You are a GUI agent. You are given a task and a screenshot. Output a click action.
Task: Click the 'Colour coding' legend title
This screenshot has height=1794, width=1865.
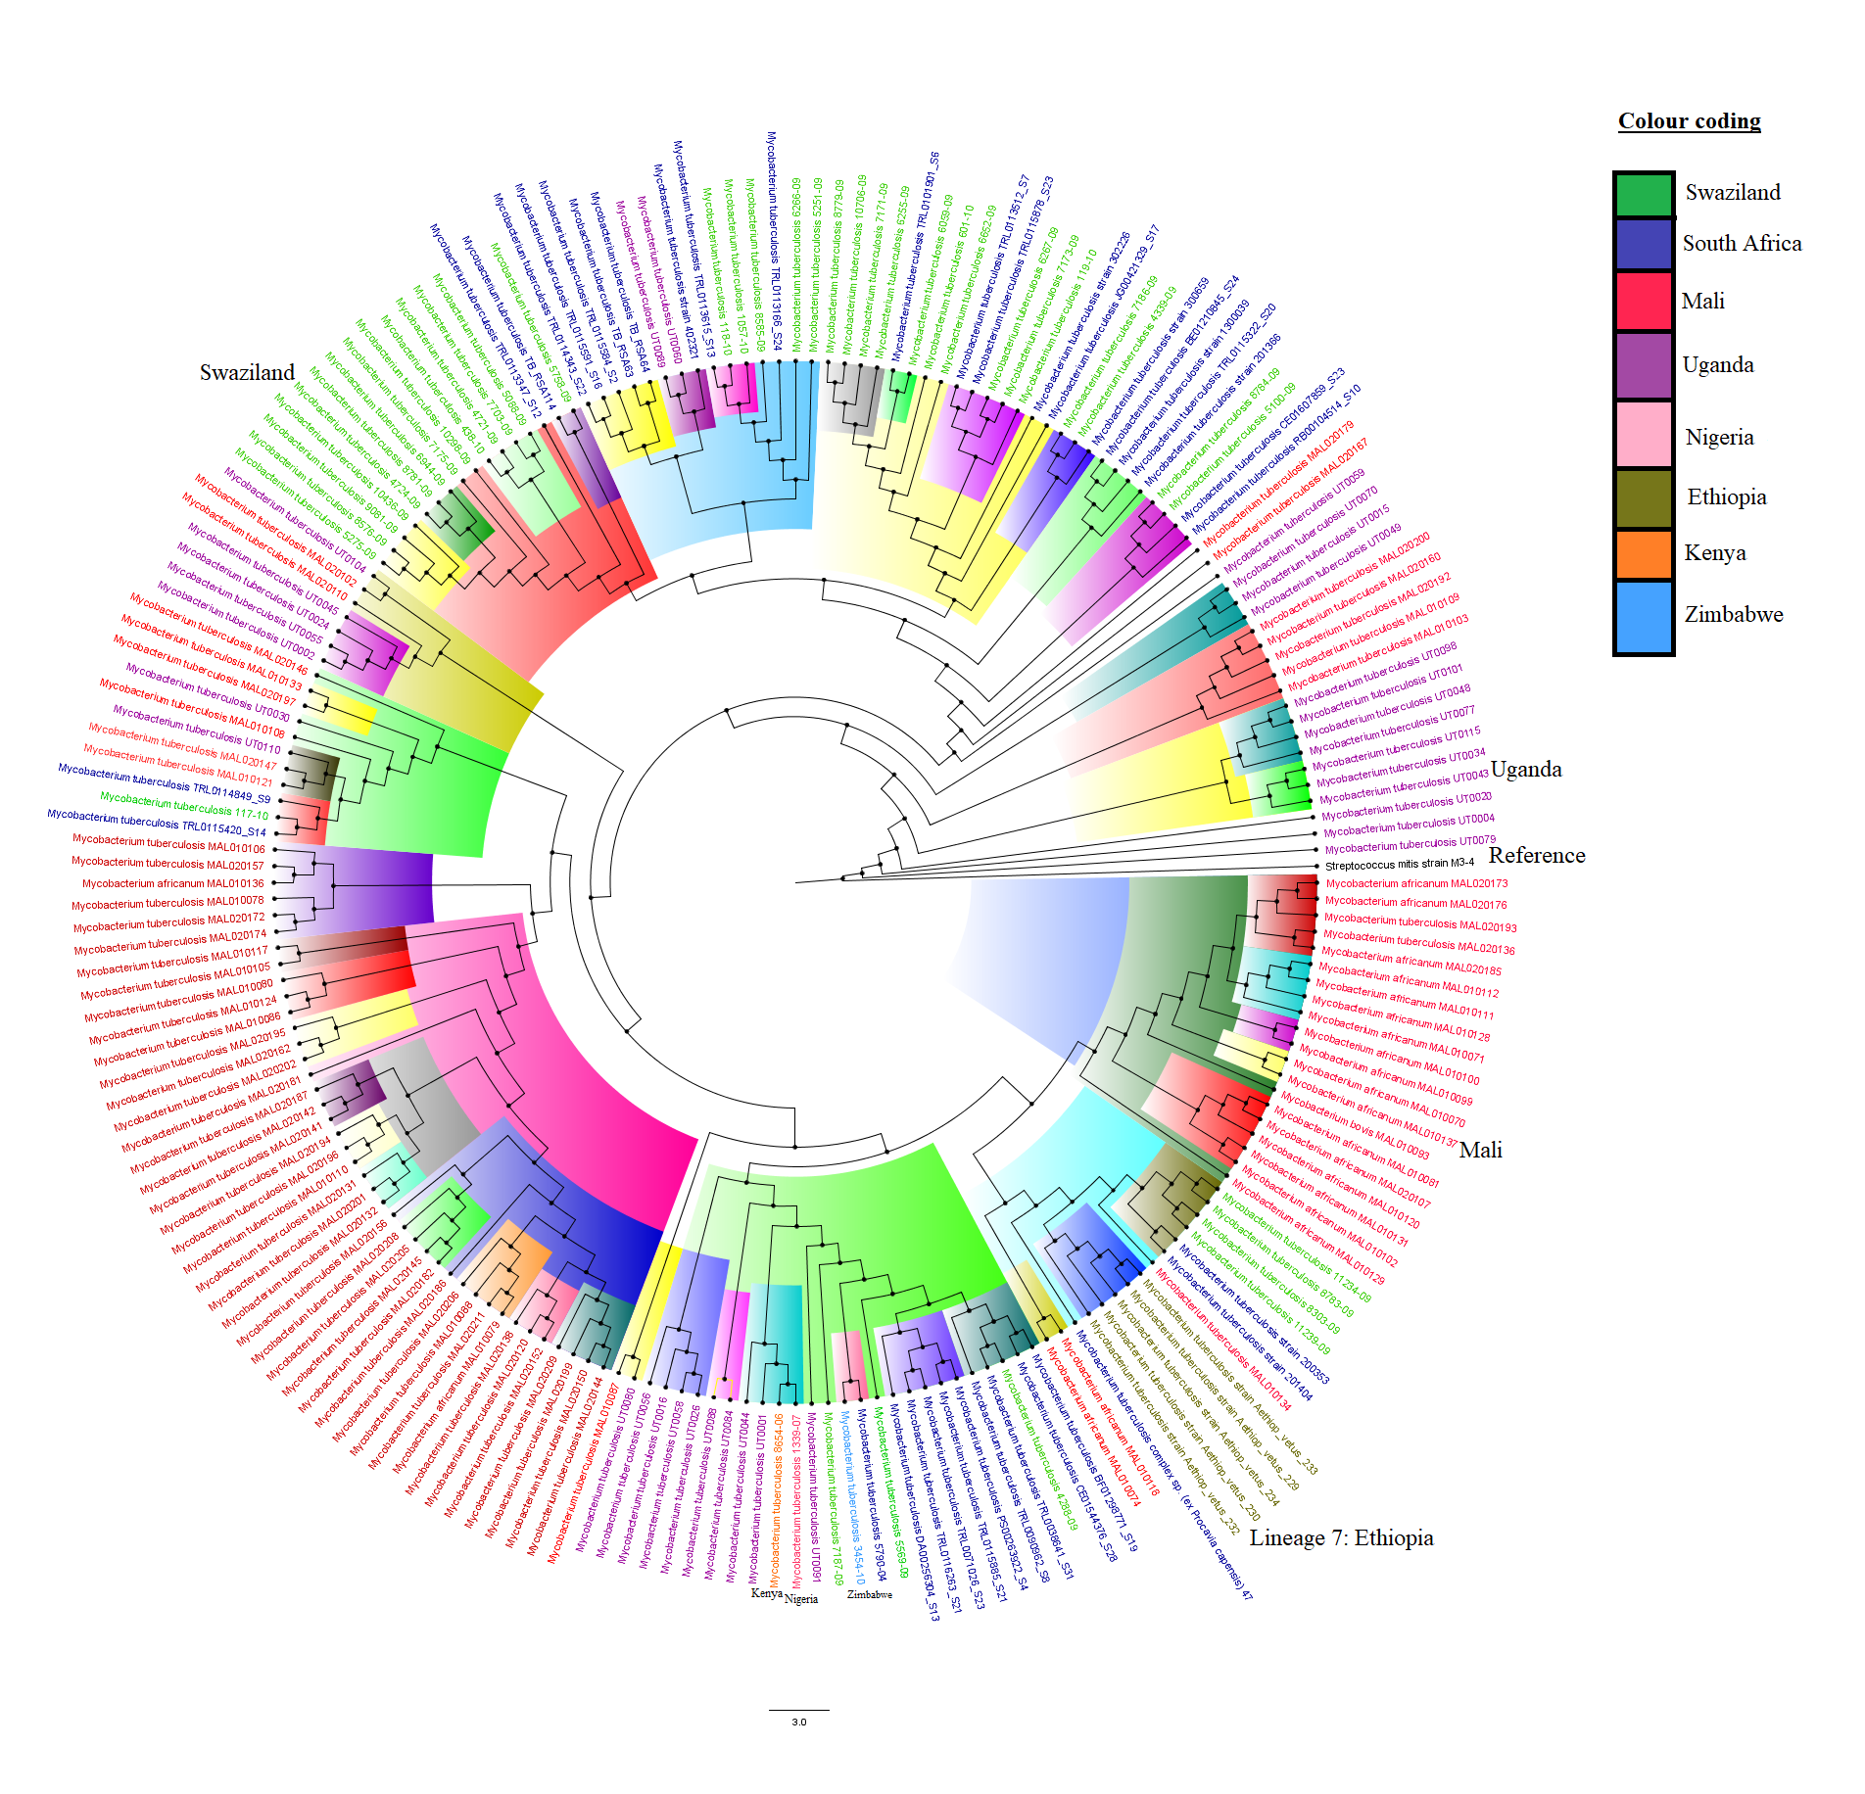pyautogui.click(x=1689, y=121)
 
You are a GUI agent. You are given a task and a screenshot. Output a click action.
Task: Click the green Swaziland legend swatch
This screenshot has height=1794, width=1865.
pyautogui.click(x=1644, y=194)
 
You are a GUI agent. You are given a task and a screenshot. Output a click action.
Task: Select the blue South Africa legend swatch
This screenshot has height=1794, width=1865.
pyautogui.click(x=1644, y=244)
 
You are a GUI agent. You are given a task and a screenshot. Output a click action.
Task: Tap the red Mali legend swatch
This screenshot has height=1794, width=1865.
pyautogui.click(x=1644, y=301)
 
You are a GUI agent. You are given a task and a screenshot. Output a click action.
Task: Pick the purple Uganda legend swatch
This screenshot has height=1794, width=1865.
pyautogui.click(x=1644, y=365)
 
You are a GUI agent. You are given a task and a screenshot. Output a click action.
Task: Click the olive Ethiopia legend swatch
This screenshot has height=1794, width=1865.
pyautogui.click(x=1644, y=498)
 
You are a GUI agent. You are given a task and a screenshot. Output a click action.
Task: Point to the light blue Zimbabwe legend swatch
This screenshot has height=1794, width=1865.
pyautogui.click(x=1644, y=616)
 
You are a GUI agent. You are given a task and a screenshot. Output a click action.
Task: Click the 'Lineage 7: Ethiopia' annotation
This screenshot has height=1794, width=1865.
pyautogui.click(x=1341, y=1537)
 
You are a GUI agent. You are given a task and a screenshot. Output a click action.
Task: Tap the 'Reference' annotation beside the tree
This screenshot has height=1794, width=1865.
pyautogui.click(x=1537, y=855)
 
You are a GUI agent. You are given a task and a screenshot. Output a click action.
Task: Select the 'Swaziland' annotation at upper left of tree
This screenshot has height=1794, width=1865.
pyautogui.click(x=247, y=372)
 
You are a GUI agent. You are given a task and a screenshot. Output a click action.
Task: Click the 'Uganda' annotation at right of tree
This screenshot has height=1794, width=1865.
pyautogui.click(x=1526, y=769)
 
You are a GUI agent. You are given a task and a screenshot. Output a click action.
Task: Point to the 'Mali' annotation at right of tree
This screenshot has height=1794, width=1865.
pyautogui.click(x=1480, y=1150)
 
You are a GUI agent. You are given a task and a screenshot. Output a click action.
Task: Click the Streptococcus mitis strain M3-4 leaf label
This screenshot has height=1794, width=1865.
pyautogui.click(x=1399, y=865)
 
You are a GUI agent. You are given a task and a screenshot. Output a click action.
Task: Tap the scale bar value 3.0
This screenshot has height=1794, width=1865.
pyautogui.click(x=799, y=1722)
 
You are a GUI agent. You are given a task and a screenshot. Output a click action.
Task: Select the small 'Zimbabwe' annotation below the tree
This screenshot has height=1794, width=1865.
pyautogui.click(x=870, y=1594)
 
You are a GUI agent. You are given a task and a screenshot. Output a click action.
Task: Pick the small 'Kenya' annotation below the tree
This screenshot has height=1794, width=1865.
pyautogui.click(x=766, y=1593)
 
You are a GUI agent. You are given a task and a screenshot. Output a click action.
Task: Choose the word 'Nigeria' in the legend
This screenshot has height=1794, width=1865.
pyautogui.click(x=1719, y=437)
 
